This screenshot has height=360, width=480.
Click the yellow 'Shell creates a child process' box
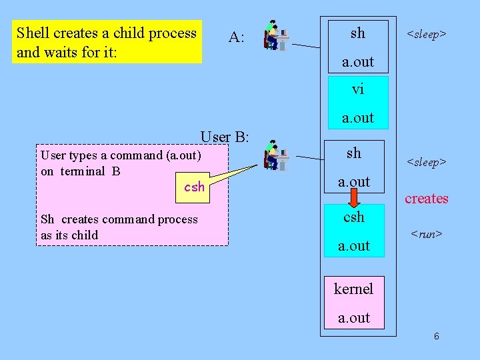click(x=107, y=42)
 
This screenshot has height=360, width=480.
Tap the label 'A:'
click(x=236, y=37)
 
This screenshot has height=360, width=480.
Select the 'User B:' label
click(x=225, y=137)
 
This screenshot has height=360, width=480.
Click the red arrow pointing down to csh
click(x=354, y=197)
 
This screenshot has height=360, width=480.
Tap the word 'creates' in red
click(x=426, y=199)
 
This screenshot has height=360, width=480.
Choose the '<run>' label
click(x=427, y=234)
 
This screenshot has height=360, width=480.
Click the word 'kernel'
click(x=353, y=289)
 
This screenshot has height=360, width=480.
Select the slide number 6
click(x=436, y=337)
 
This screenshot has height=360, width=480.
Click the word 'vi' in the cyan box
click(x=358, y=89)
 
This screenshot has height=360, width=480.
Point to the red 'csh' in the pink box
click(x=194, y=187)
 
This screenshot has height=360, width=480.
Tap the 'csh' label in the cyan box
click(x=354, y=217)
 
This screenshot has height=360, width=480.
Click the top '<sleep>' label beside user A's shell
click(x=427, y=33)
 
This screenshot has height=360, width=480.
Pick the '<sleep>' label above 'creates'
click(x=427, y=162)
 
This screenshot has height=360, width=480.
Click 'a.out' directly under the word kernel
click(x=354, y=318)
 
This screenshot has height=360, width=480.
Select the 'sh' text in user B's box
click(x=354, y=153)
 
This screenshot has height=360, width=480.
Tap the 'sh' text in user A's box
click(x=358, y=33)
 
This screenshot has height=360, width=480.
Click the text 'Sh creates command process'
click(x=119, y=219)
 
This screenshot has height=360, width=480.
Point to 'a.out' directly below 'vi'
click(x=358, y=118)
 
